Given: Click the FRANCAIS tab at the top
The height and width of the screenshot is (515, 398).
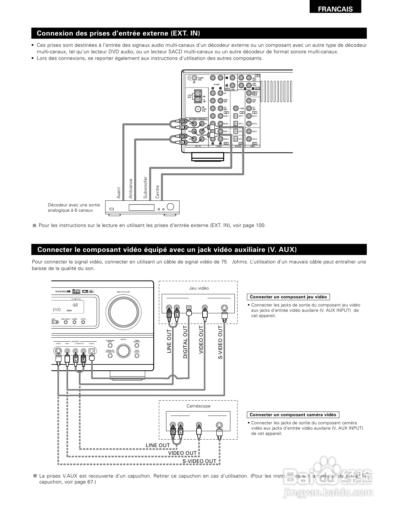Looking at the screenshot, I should click(335, 9).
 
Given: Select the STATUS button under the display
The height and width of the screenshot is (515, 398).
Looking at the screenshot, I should click(83, 322).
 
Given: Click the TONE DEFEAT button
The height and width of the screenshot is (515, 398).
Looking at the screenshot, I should click(137, 355).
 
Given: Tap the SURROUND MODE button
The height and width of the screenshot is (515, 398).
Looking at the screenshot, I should click(110, 345).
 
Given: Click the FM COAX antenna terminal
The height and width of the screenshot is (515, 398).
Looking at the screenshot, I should click(198, 109).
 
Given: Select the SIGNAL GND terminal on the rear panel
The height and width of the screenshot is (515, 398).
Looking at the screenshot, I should click(194, 78).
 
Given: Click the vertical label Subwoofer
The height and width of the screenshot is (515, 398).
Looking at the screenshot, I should click(145, 187).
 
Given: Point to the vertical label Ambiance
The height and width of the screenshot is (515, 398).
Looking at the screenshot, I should click(131, 188).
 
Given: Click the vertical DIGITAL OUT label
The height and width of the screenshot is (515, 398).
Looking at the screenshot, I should click(185, 341).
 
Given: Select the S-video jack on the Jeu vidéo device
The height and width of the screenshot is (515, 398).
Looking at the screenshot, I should click(224, 309).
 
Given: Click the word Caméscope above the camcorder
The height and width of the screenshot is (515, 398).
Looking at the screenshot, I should click(198, 406).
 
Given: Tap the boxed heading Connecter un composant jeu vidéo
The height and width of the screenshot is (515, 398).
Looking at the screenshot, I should click(288, 297).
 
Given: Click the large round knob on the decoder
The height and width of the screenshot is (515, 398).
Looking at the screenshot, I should click(171, 206).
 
